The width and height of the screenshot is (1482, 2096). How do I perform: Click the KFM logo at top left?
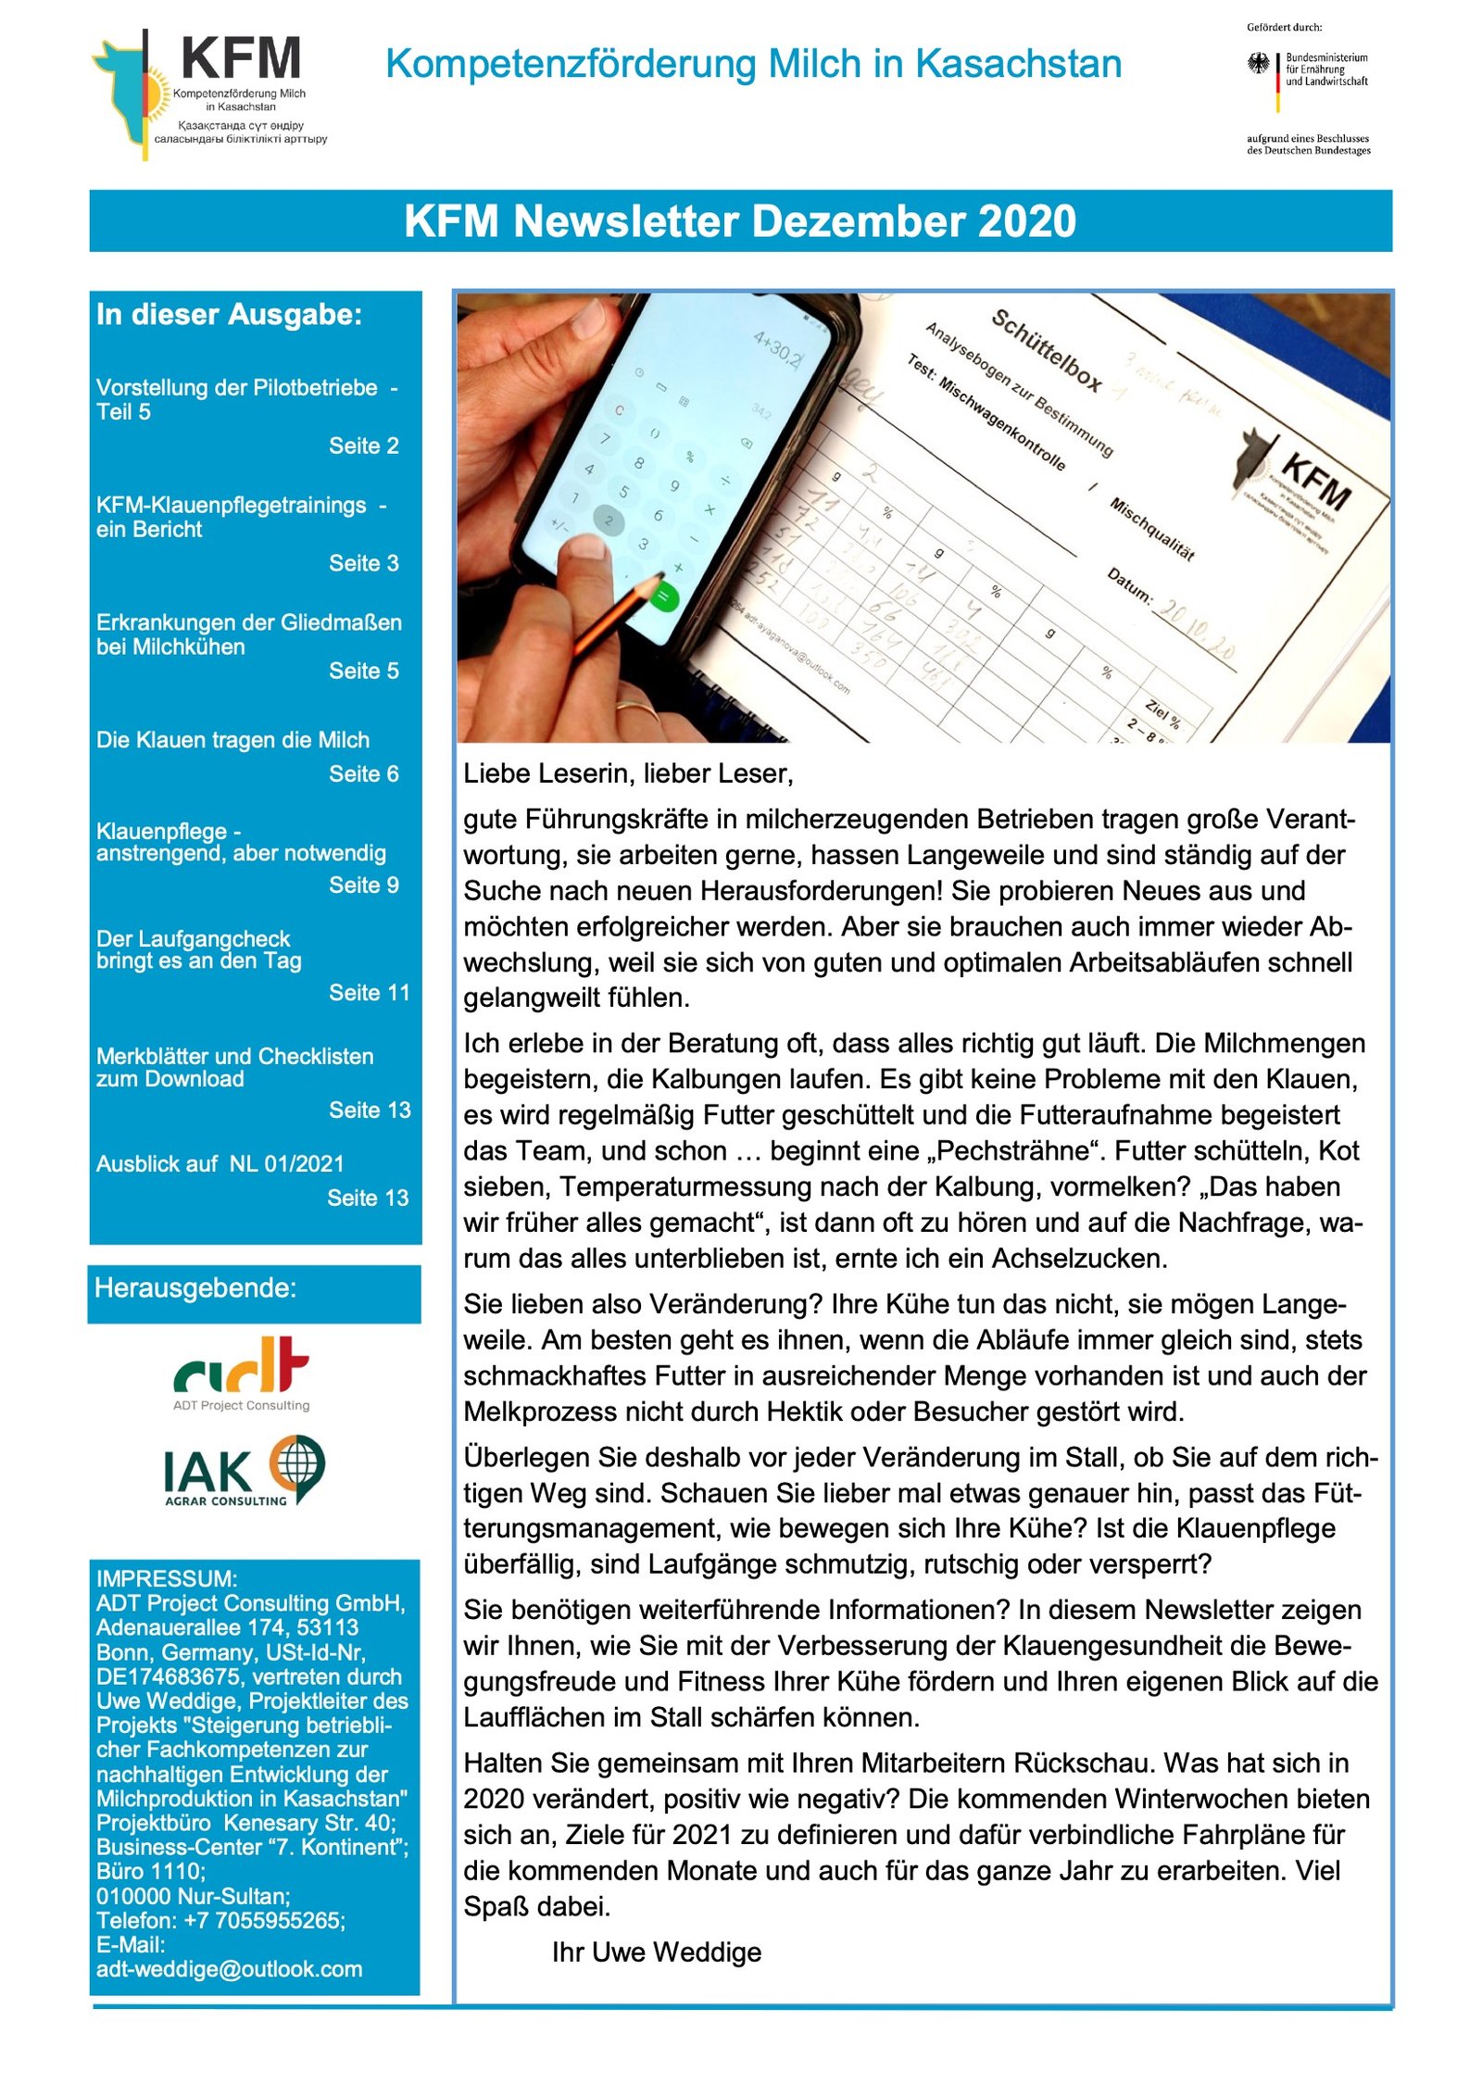coord(208,93)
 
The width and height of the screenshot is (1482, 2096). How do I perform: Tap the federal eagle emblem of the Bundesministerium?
coord(1258,64)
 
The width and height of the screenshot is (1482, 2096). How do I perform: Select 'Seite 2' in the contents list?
coord(363,446)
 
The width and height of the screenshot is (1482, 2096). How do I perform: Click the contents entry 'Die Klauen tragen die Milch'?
coord(232,739)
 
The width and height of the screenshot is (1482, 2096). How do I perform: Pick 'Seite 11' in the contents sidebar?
coord(369,992)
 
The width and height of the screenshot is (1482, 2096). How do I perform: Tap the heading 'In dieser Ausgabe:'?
coord(229,315)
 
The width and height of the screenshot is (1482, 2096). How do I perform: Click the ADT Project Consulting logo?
coord(241,1372)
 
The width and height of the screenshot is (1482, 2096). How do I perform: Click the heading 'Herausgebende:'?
coord(195,1287)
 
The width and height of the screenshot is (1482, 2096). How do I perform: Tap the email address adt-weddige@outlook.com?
coord(229,1968)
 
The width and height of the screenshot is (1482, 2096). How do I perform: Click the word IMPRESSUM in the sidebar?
coord(165,1578)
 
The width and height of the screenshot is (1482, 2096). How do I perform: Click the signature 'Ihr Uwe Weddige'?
coord(656,1952)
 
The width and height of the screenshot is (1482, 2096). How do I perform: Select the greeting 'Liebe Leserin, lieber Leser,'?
coord(628,773)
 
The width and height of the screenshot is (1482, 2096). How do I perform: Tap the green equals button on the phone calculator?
coord(663,596)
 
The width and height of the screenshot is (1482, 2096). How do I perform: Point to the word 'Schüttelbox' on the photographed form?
coord(1046,351)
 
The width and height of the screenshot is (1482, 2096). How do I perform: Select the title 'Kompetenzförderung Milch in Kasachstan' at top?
coord(753,64)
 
